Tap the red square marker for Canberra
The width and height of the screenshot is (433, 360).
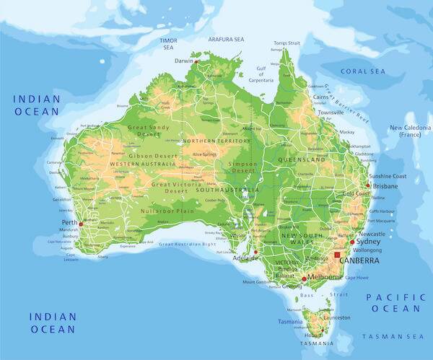click(x=336, y=255)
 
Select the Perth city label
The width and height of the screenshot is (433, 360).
click(x=69, y=222)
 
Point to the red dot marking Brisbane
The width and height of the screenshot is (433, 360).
click(x=368, y=185)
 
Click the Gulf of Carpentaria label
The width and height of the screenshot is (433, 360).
click(x=261, y=73)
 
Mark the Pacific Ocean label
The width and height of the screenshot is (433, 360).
click(x=393, y=303)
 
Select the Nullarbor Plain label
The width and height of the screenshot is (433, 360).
click(x=167, y=211)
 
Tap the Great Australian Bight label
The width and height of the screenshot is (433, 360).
click(x=187, y=245)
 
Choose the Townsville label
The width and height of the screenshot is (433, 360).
click(x=331, y=113)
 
